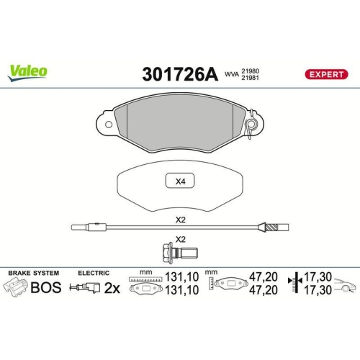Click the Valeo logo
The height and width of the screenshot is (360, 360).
click(x=28, y=71)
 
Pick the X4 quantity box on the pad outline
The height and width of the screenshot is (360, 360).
click(x=180, y=181)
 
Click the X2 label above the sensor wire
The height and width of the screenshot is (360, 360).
click(x=180, y=220)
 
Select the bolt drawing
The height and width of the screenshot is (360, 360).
click(x=180, y=252)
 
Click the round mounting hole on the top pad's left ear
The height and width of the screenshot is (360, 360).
click(x=108, y=124)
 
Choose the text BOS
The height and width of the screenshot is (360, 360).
click(x=45, y=288)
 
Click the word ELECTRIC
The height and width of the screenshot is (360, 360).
click(x=94, y=274)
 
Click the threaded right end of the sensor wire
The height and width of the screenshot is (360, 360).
click(x=272, y=228)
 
